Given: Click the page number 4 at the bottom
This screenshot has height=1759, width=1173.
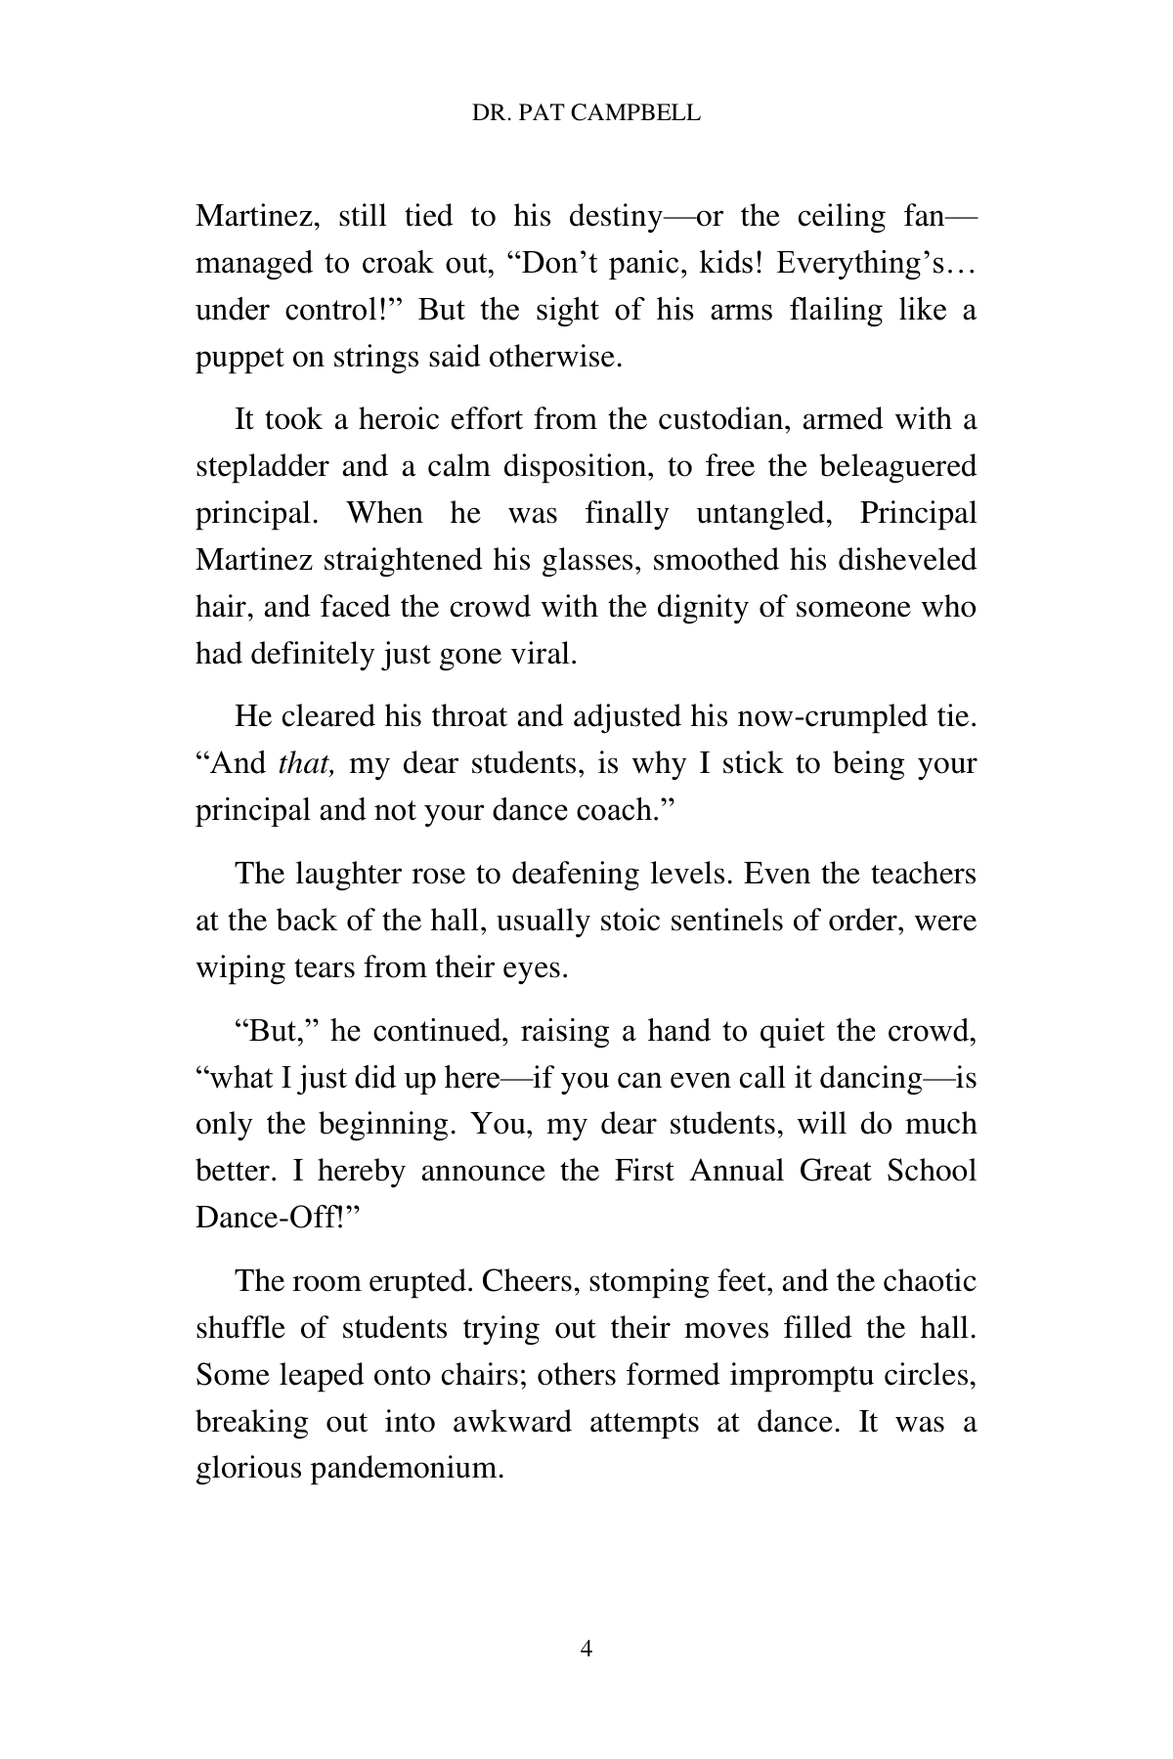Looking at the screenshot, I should click(586, 1650).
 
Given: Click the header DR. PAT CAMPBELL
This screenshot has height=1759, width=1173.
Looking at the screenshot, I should click(586, 113).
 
